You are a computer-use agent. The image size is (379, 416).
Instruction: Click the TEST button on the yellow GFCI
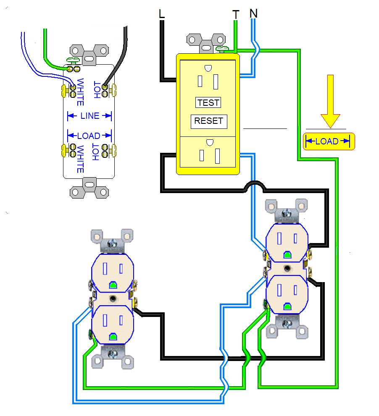point(208,102)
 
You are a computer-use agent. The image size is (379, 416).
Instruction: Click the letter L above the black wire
point(161,14)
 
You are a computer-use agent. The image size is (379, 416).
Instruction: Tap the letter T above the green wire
point(236,15)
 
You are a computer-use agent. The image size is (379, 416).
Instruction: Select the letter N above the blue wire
point(254,13)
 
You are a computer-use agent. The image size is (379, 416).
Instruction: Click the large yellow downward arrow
point(330,101)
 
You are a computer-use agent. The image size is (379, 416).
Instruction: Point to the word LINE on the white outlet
point(90,116)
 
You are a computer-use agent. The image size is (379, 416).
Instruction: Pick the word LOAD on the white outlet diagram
point(89,136)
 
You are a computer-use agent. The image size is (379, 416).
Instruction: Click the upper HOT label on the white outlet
point(97,90)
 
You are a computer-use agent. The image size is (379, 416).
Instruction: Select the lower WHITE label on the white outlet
point(80,159)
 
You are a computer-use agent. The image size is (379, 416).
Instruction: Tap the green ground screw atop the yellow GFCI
point(222,49)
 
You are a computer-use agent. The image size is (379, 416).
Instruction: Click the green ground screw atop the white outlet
point(73,60)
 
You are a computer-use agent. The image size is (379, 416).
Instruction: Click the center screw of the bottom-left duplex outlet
point(113,299)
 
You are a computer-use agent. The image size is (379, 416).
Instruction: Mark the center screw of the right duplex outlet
point(287,269)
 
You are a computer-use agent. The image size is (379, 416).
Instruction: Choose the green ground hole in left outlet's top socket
point(113,285)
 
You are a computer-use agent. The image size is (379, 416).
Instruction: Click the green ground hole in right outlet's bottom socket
point(287,307)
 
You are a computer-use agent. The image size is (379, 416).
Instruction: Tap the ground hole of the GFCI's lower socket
point(210,142)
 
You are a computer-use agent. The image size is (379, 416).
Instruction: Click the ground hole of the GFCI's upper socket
point(208,68)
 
